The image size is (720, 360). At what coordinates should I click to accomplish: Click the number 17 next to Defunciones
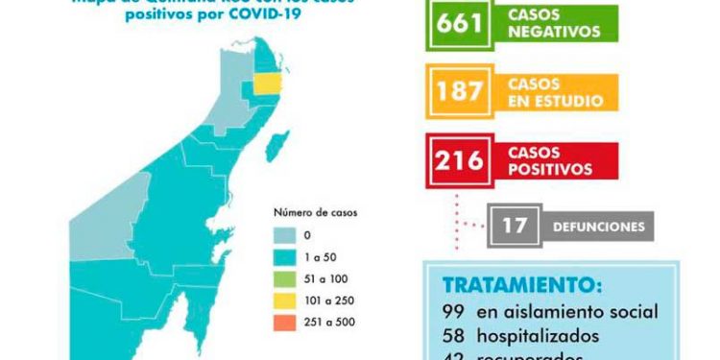point(514,228)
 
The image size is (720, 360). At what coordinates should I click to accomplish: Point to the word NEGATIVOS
point(563,31)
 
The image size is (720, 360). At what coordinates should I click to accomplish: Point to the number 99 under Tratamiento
point(456,312)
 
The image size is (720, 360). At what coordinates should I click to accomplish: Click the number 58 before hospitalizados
point(456,336)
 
